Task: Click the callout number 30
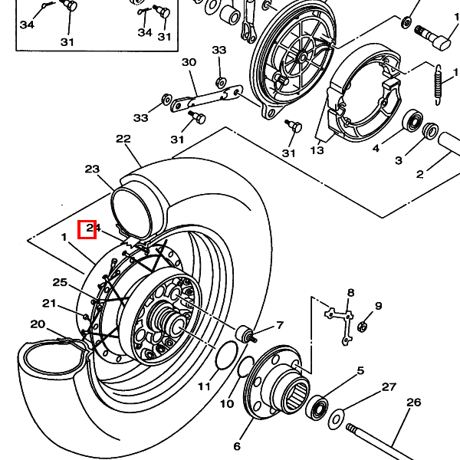pyautogui.click(x=189, y=62)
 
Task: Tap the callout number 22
pyautogui.click(x=123, y=139)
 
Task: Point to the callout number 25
pyautogui.click(x=60, y=282)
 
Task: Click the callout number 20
pyautogui.click(x=38, y=324)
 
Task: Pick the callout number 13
pyautogui.click(x=317, y=151)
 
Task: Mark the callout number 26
pyautogui.click(x=413, y=402)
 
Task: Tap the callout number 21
pyautogui.click(x=49, y=303)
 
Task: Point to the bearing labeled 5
pyautogui.click(x=317, y=407)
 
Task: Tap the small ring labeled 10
pyautogui.click(x=244, y=367)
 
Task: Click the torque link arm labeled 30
pyautogui.click(x=205, y=97)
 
